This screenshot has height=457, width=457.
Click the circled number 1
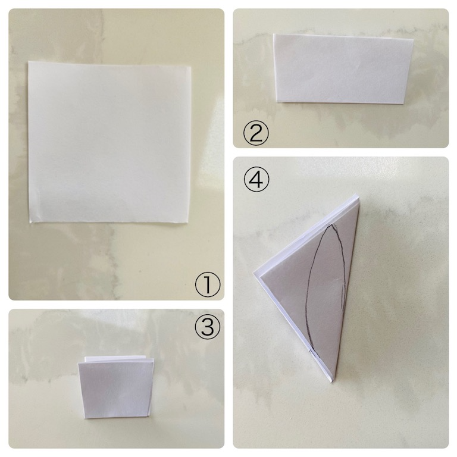coord(208,285)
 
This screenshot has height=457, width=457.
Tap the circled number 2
coord(256,133)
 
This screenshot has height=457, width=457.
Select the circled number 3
coord(208,327)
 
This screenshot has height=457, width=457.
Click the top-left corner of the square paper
coord(29,61)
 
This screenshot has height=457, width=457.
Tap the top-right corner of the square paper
coord(190,66)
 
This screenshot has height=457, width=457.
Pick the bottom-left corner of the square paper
coord(30,223)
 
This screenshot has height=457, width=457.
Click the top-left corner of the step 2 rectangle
coord(273,34)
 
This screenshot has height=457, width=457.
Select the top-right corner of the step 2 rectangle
coord(414,39)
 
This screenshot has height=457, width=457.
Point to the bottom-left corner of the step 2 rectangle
coord(277,102)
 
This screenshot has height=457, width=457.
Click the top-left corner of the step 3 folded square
coord(78,362)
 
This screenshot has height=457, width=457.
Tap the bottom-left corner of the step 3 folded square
coord(84,419)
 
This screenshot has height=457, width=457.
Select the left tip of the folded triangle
coord(253,273)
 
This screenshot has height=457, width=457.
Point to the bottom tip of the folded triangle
coord(332,383)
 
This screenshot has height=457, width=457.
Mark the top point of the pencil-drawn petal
coord(330,226)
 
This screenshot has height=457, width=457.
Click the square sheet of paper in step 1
coord(109,142)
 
